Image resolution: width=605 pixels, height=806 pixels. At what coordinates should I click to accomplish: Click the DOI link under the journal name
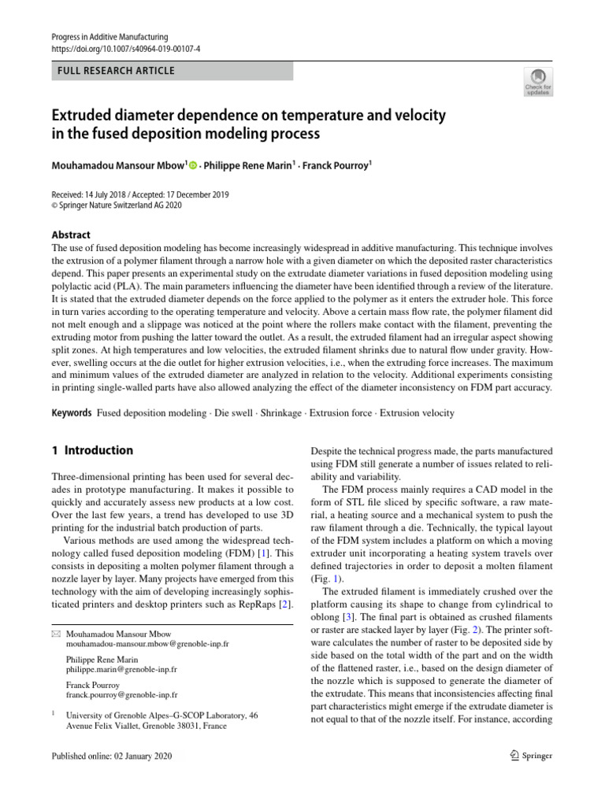pyautogui.click(x=125, y=49)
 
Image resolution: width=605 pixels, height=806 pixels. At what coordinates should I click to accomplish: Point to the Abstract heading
pyautogui.click(x=71, y=235)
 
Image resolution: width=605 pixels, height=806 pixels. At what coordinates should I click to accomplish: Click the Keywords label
pyautogui.click(x=71, y=412)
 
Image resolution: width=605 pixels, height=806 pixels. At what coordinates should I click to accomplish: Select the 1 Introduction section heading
pyautogui.click(x=92, y=451)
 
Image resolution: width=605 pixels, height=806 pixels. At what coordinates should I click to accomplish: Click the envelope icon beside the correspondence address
pyautogui.click(x=55, y=634)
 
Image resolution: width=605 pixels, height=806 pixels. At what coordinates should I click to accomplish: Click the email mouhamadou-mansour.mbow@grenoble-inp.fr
pyautogui.click(x=147, y=644)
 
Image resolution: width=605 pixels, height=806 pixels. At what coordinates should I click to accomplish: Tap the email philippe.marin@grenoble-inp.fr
pyautogui.click(x=121, y=669)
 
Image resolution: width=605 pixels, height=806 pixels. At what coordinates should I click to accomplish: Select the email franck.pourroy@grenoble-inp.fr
pyautogui.click(x=121, y=695)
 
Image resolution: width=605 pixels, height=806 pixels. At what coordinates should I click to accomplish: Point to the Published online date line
pyautogui.click(x=110, y=756)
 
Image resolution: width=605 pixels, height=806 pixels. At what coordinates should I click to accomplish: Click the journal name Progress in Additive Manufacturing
pyautogui.click(x=109, y=37)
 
